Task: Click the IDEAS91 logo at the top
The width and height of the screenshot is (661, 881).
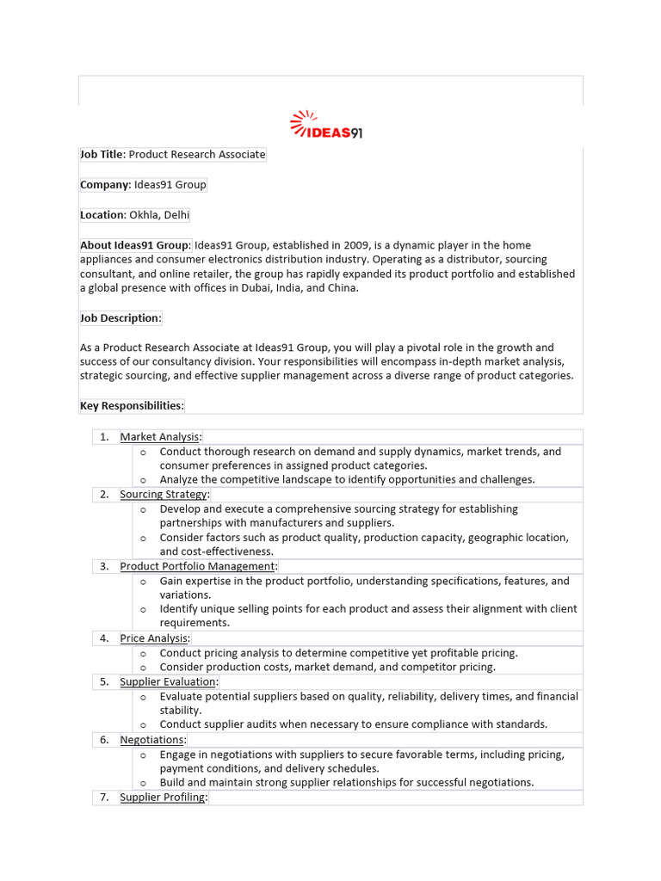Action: point(326,126)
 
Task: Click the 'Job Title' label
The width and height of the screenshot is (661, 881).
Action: point(102,155)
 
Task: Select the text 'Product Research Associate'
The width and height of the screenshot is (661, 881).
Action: point(197,155)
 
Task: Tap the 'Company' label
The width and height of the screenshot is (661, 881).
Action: point(104,185)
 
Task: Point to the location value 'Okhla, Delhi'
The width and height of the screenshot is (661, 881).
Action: point(160,215)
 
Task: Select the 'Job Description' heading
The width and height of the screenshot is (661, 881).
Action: point(120,318)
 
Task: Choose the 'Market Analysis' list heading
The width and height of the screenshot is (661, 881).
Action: point(160,437)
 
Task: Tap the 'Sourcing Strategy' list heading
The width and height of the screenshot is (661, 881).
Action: point(164,495)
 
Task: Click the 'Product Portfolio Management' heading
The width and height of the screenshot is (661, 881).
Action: point(198,566)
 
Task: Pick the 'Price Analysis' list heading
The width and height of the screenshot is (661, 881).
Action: point(154,638)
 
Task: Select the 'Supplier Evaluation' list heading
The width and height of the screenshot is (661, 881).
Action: point(168,682)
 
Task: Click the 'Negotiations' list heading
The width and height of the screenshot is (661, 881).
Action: point(152,740)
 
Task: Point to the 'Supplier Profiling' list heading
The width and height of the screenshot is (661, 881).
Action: point(163,798)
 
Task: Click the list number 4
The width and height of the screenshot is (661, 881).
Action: point(103,638)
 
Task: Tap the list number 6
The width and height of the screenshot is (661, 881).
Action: point(103,740)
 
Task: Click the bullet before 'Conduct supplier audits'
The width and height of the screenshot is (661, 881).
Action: point(144,724)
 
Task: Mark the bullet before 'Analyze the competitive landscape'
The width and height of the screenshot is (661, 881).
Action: point(144,480)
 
